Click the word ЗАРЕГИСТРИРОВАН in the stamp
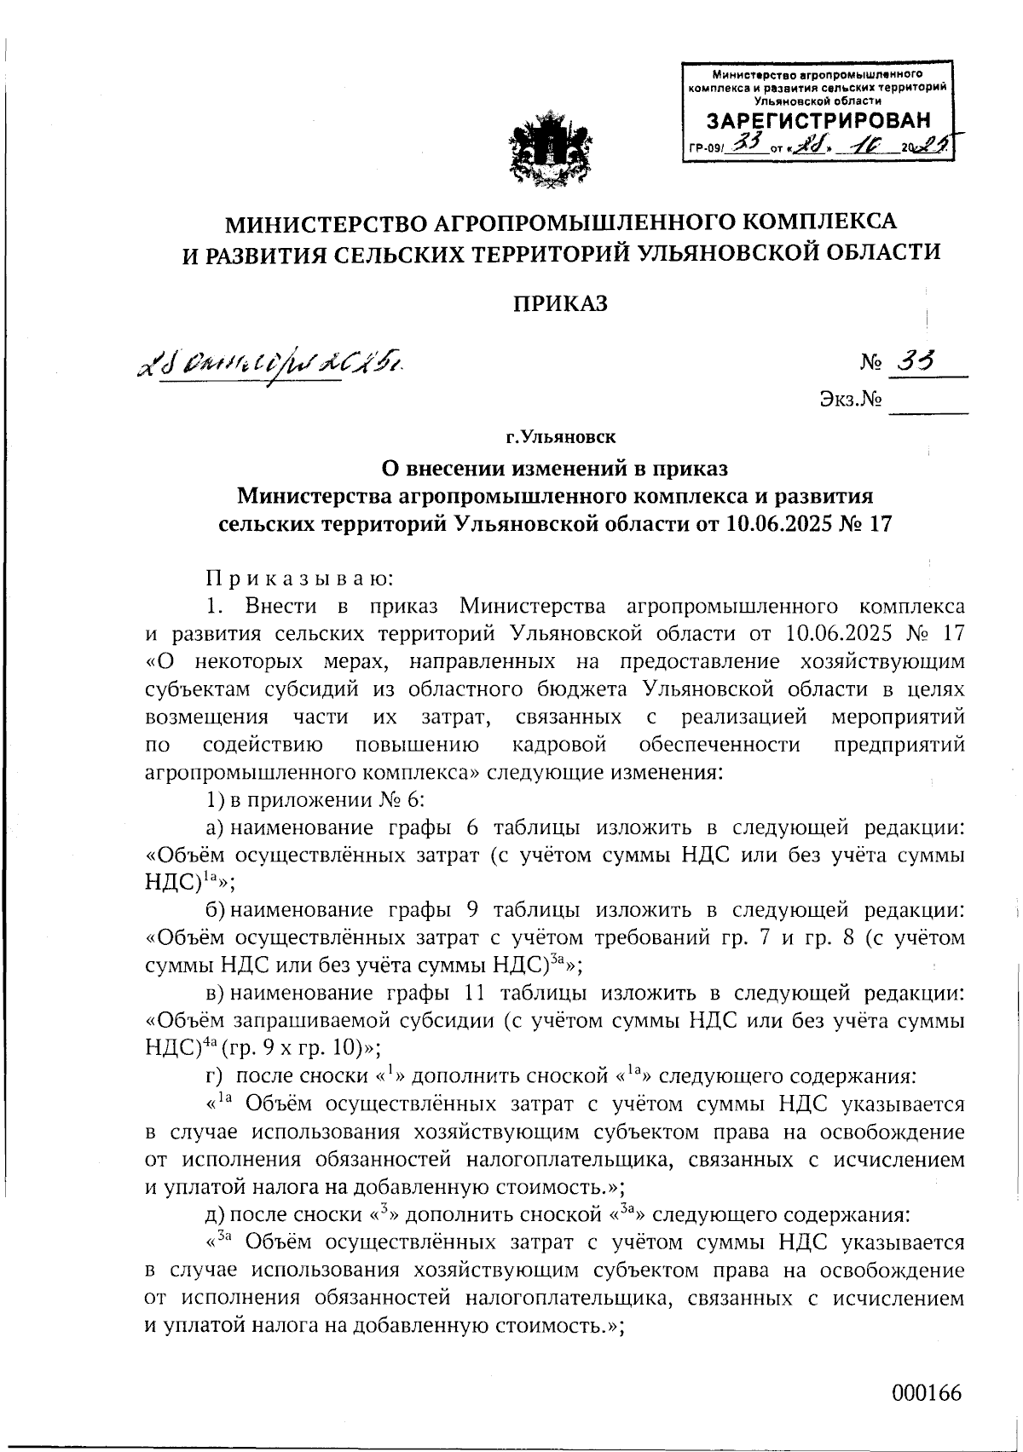[819, 119]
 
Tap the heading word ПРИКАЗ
[559, 302]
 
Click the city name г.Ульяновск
[560, 438]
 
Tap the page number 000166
[927, 1393]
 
